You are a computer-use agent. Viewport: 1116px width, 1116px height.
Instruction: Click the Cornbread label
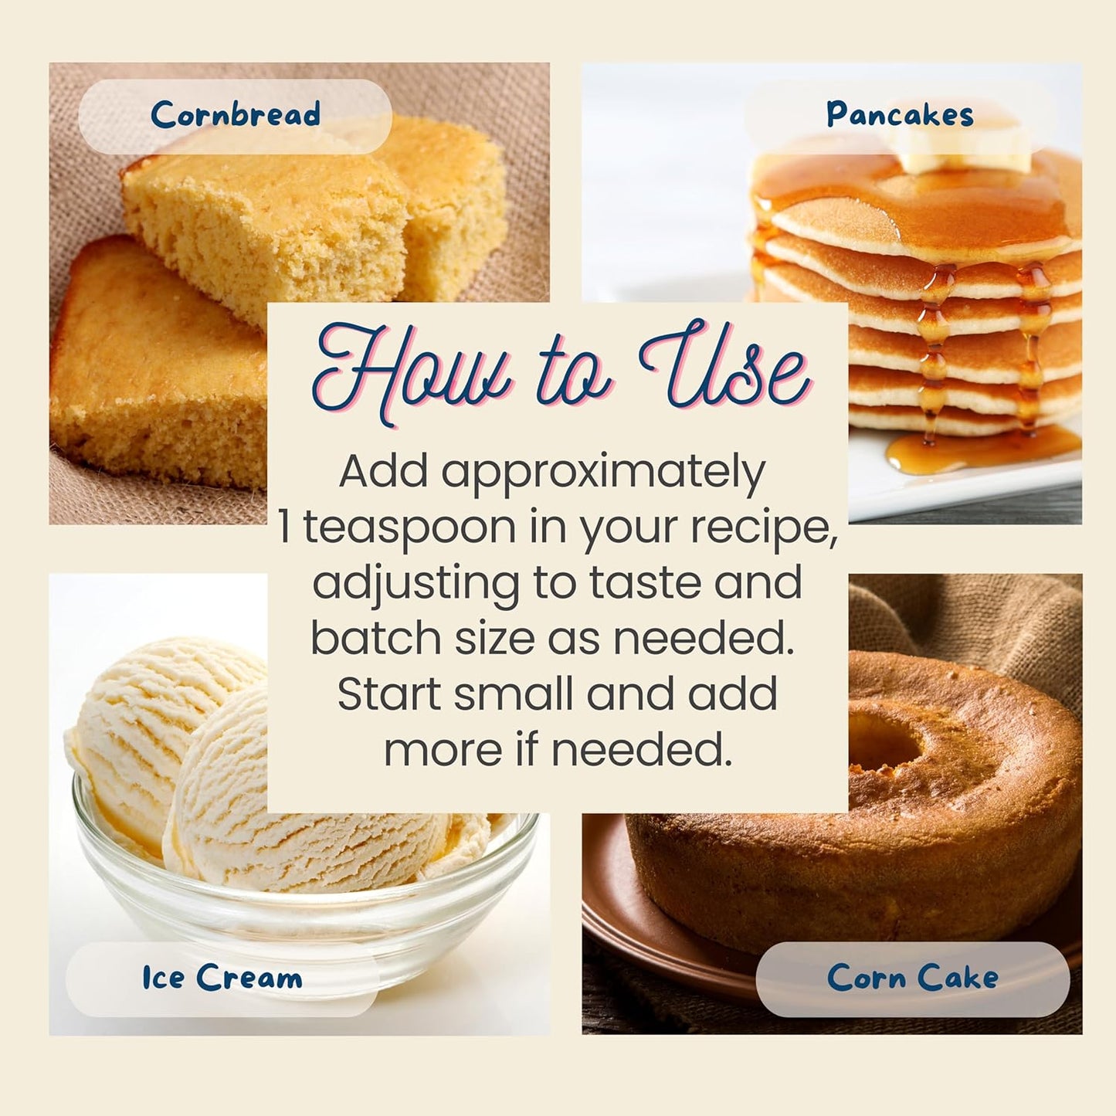coord(235,114)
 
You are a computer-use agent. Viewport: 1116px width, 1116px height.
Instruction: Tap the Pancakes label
coord(900,114)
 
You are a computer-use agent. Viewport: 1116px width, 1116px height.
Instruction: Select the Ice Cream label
coord(222,978)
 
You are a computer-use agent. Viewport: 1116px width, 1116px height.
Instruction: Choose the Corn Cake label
coord(913,978)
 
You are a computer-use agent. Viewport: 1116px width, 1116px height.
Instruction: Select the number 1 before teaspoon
coord(285,527)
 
